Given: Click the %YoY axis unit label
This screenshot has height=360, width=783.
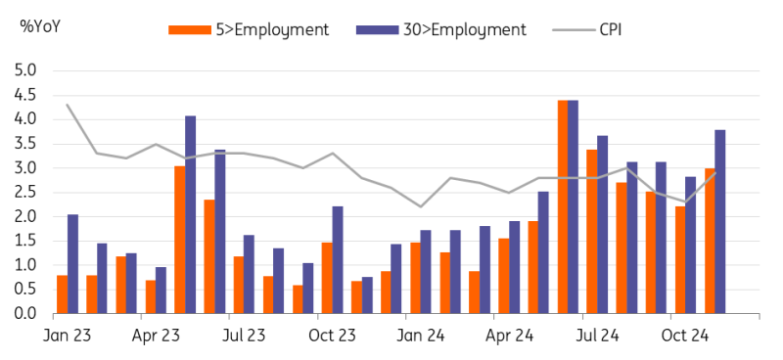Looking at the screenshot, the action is pos(40,26).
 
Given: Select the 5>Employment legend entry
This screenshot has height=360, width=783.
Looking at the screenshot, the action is pos(249,30).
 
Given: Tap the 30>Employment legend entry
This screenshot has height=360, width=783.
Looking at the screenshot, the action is pos(441,30).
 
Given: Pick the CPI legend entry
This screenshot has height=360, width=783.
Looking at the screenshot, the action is pos(586,30).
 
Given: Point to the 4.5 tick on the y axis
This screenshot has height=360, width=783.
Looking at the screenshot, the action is pos(26,95).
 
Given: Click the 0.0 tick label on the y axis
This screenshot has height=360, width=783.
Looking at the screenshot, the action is pos(26,314).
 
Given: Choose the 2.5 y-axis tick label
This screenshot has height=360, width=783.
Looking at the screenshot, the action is pos(26,193).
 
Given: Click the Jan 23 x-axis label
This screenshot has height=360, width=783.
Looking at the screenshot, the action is pos(68,336).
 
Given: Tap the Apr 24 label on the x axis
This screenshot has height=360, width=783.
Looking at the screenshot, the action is pos(509,336).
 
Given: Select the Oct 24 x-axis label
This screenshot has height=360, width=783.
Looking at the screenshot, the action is pos(685,336).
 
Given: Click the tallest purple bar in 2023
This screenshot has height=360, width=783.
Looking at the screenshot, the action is pos(190,215).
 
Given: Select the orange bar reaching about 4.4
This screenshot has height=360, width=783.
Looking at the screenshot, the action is pos(563,207).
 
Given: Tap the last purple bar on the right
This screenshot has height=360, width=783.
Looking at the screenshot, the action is pos(720,222).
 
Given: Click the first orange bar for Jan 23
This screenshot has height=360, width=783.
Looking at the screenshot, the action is pos(63,294).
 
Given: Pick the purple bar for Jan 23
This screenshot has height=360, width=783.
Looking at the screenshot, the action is pos(72,264).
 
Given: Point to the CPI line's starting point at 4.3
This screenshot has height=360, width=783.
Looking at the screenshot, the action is pos(68,105).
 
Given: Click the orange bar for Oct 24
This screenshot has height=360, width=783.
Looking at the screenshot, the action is pos(680,260).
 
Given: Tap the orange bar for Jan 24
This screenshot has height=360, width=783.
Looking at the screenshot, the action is pos(415,278).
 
